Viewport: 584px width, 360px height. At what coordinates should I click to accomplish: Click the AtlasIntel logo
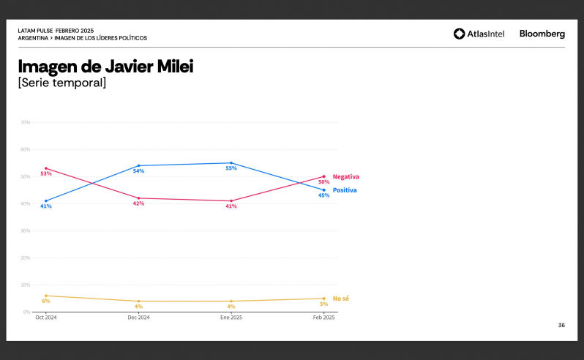coord(479,34)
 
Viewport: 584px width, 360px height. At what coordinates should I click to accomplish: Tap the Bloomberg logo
coord(542,34)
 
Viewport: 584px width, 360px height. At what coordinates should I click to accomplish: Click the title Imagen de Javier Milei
coord(105,67)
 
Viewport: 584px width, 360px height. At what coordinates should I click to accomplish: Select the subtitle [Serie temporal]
coord(62,83)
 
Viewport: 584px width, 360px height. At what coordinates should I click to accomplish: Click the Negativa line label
coord(346,177)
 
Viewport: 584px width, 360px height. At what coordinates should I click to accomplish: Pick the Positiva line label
coord(345,190)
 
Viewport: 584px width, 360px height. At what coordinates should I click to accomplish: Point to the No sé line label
coord(341,299)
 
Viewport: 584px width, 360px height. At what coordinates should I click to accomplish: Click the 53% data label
coord(46,174)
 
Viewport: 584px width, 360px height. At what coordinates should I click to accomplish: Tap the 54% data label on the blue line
coord(138,171)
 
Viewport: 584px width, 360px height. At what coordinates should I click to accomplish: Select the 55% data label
coord(231,168)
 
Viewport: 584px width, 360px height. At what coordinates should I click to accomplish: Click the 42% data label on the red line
coord(138,203)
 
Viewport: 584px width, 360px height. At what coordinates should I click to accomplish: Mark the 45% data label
coord(323,195)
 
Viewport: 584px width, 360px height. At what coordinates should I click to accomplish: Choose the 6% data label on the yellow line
coord(46,301)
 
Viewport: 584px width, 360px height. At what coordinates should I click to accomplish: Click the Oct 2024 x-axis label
coord(46,318)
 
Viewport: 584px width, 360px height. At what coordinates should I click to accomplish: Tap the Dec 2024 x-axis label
coord(138,318)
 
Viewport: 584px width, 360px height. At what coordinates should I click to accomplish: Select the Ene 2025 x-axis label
coord(231,318)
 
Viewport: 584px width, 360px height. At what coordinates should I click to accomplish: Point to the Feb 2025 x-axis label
coord(323,318)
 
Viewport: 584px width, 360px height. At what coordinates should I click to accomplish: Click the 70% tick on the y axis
coord(26,122)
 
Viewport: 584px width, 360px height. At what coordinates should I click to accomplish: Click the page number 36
coord(561,325)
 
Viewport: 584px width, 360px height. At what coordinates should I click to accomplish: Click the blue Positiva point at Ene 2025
coord(231,163)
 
